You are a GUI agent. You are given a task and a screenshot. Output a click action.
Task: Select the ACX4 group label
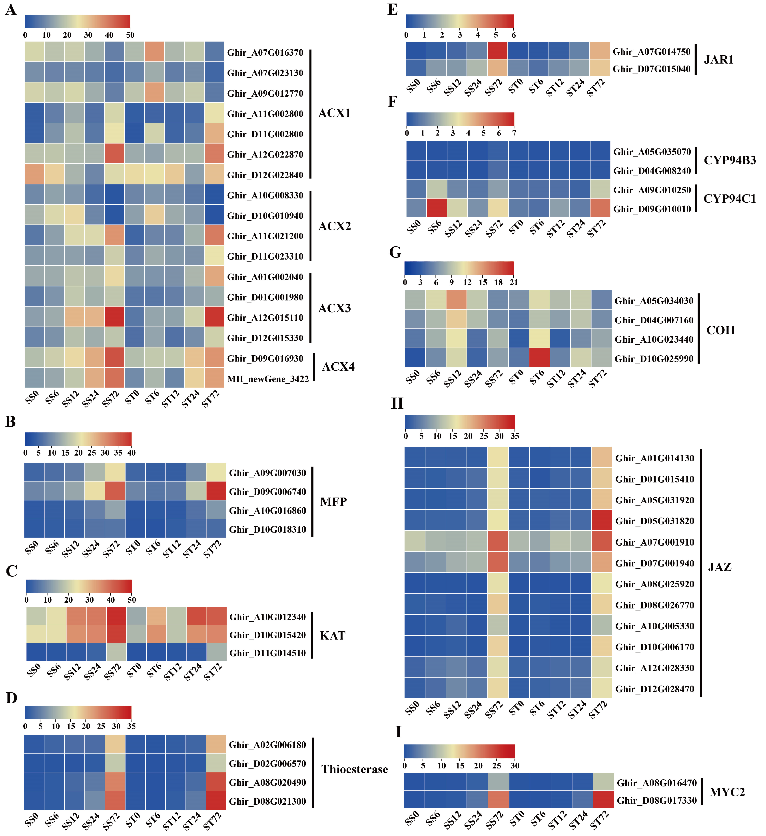(x=338, y=367)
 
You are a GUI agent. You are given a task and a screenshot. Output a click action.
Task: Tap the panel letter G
(x=395, y=252)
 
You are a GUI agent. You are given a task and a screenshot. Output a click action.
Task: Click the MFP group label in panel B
(x=333, y=502)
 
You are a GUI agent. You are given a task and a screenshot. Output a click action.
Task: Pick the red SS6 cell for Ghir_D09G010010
(x=437, y=208)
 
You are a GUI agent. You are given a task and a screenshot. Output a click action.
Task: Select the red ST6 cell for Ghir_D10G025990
(x=539, y=358)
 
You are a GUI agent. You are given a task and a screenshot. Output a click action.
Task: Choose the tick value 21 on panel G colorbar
(x=514, y=282)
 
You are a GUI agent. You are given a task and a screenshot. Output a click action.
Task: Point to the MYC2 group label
(x=727, y=792)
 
